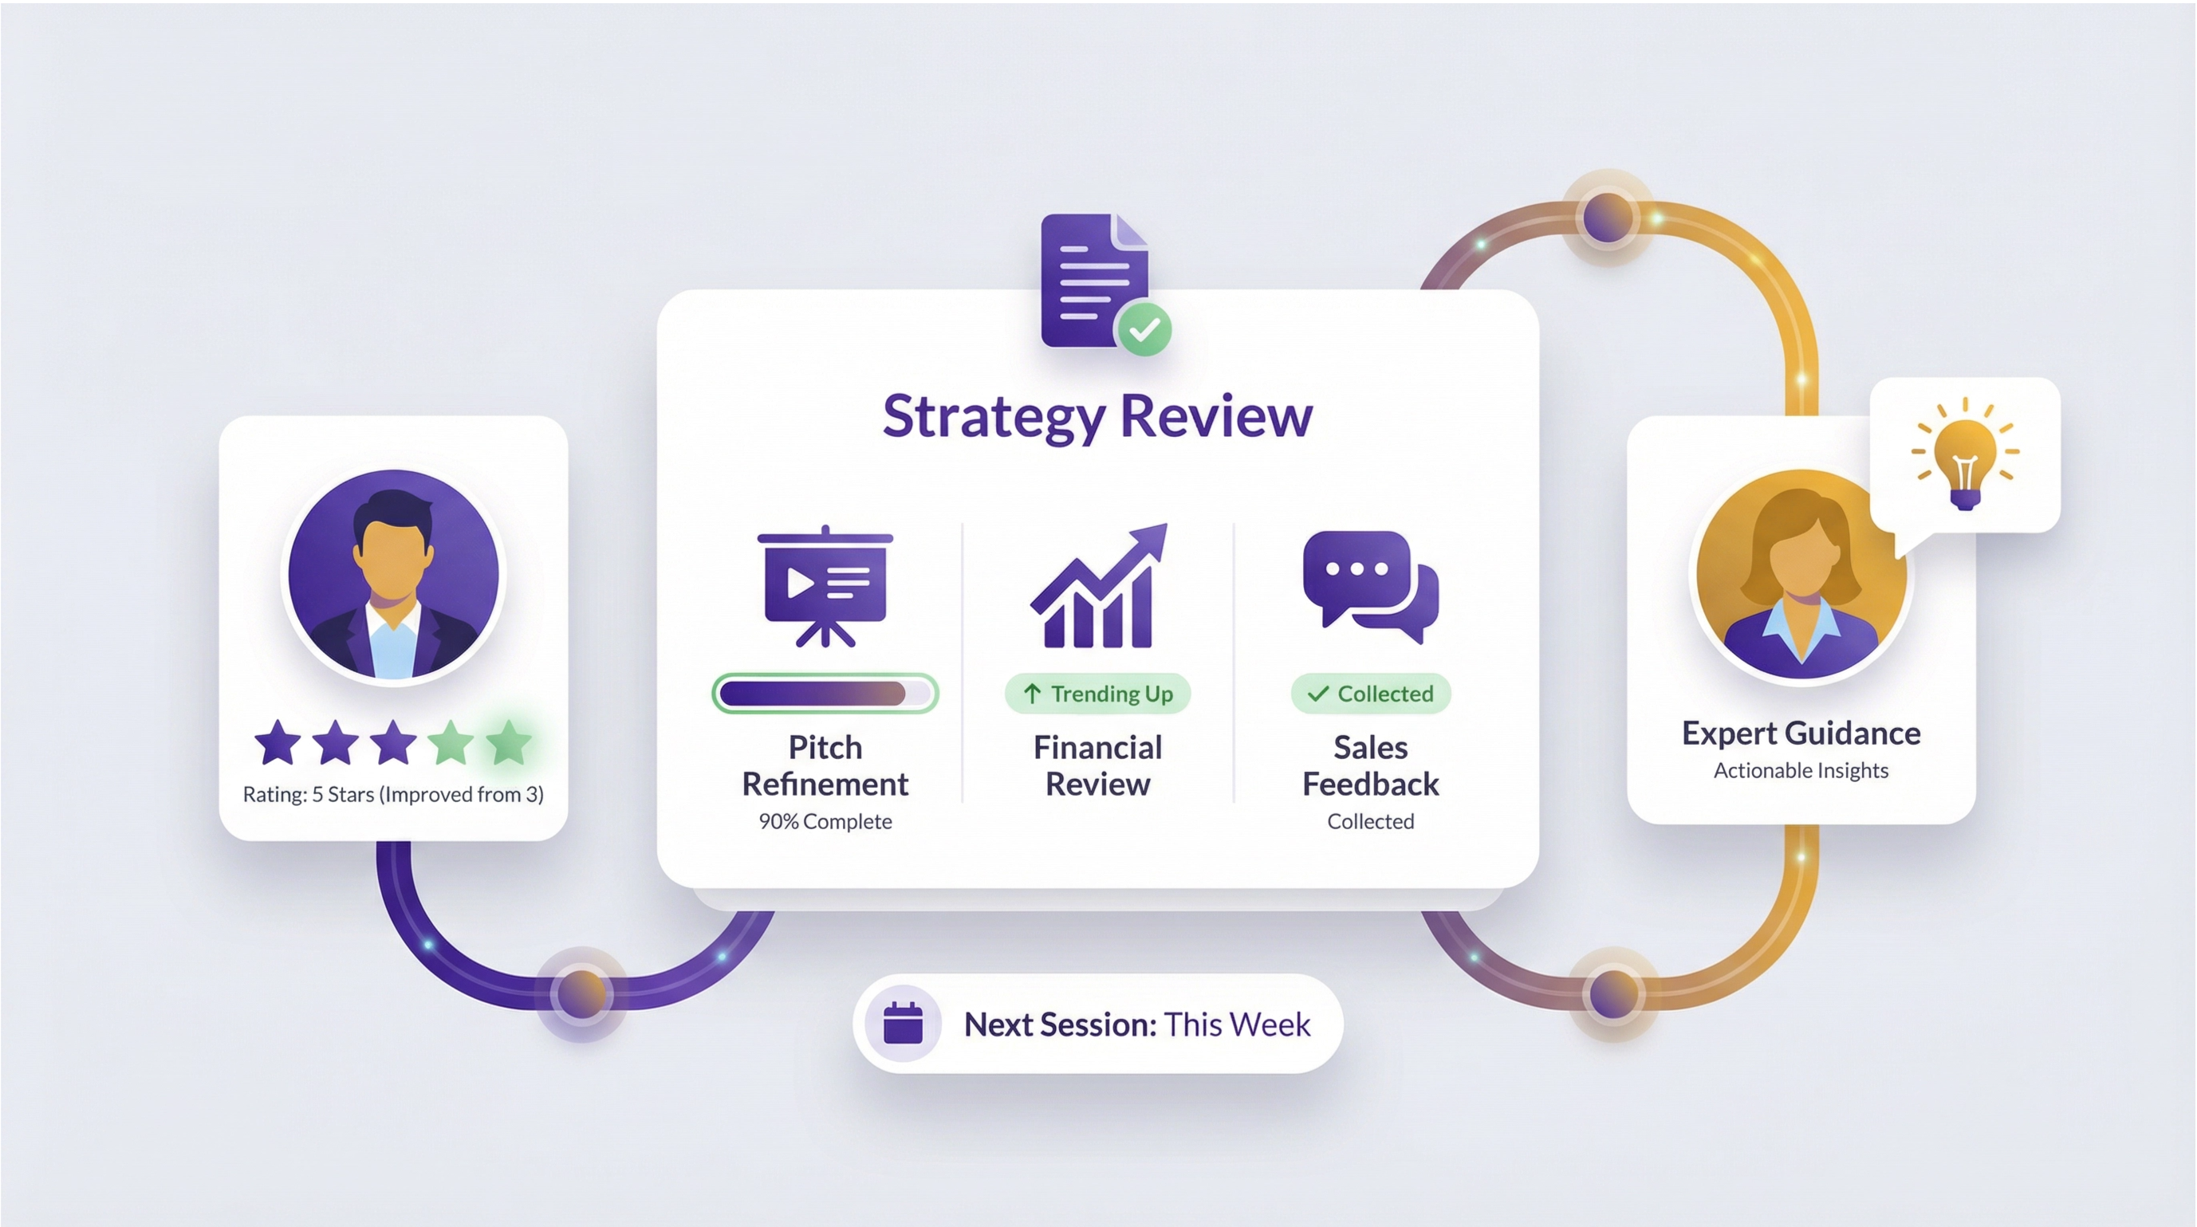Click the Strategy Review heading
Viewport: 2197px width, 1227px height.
coord(1097,417)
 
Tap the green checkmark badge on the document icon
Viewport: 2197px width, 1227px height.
coord(1144,328)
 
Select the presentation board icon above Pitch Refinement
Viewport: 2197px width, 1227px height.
coord(825,587)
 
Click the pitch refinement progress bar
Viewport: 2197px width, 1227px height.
coord(825,693)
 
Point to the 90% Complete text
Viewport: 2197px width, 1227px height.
coord(825,821)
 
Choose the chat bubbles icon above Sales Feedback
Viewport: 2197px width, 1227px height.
coord(1371,587)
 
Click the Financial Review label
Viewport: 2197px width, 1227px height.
coord(1097,765)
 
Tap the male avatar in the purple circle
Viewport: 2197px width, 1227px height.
coord(393,575)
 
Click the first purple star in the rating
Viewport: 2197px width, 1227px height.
coord(278,741)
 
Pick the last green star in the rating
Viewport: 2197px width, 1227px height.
coord(509,741)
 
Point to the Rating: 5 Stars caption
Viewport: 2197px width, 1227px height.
coord(393,795)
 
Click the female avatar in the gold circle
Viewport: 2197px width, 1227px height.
coord(1801,575)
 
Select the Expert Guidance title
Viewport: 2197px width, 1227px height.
coord(1801,733)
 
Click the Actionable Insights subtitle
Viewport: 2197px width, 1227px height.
coord(1801,771)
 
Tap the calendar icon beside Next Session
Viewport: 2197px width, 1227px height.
coord(904,1023)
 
